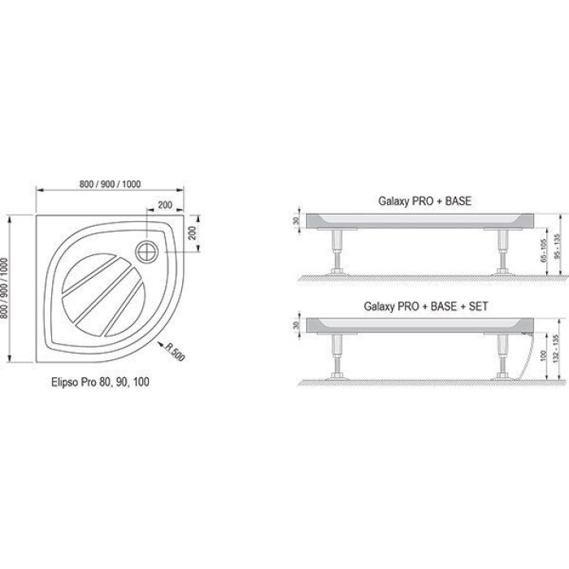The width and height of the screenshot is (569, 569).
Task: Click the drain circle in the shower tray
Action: pos(147,251)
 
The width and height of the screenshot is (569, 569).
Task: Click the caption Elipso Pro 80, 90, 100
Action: pos(100,382)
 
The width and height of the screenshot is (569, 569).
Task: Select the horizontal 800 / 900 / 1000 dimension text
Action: pos(110,184)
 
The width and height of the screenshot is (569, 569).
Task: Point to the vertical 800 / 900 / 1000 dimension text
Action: pos(4,288)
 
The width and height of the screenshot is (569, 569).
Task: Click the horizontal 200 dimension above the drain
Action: pos(165,205)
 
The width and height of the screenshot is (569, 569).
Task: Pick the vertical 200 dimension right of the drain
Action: pos(193,233)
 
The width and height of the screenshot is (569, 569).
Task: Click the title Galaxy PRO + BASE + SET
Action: pos(426,306)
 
